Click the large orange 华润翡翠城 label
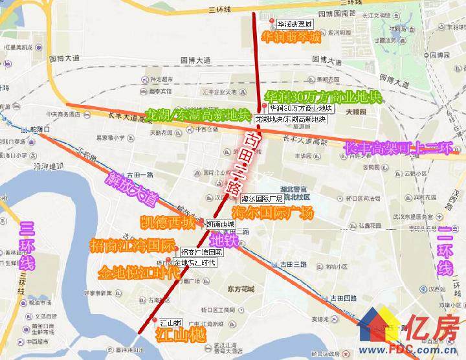[291, 38]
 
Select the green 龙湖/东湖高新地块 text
[198, 115]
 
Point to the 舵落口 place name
[39, 130]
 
